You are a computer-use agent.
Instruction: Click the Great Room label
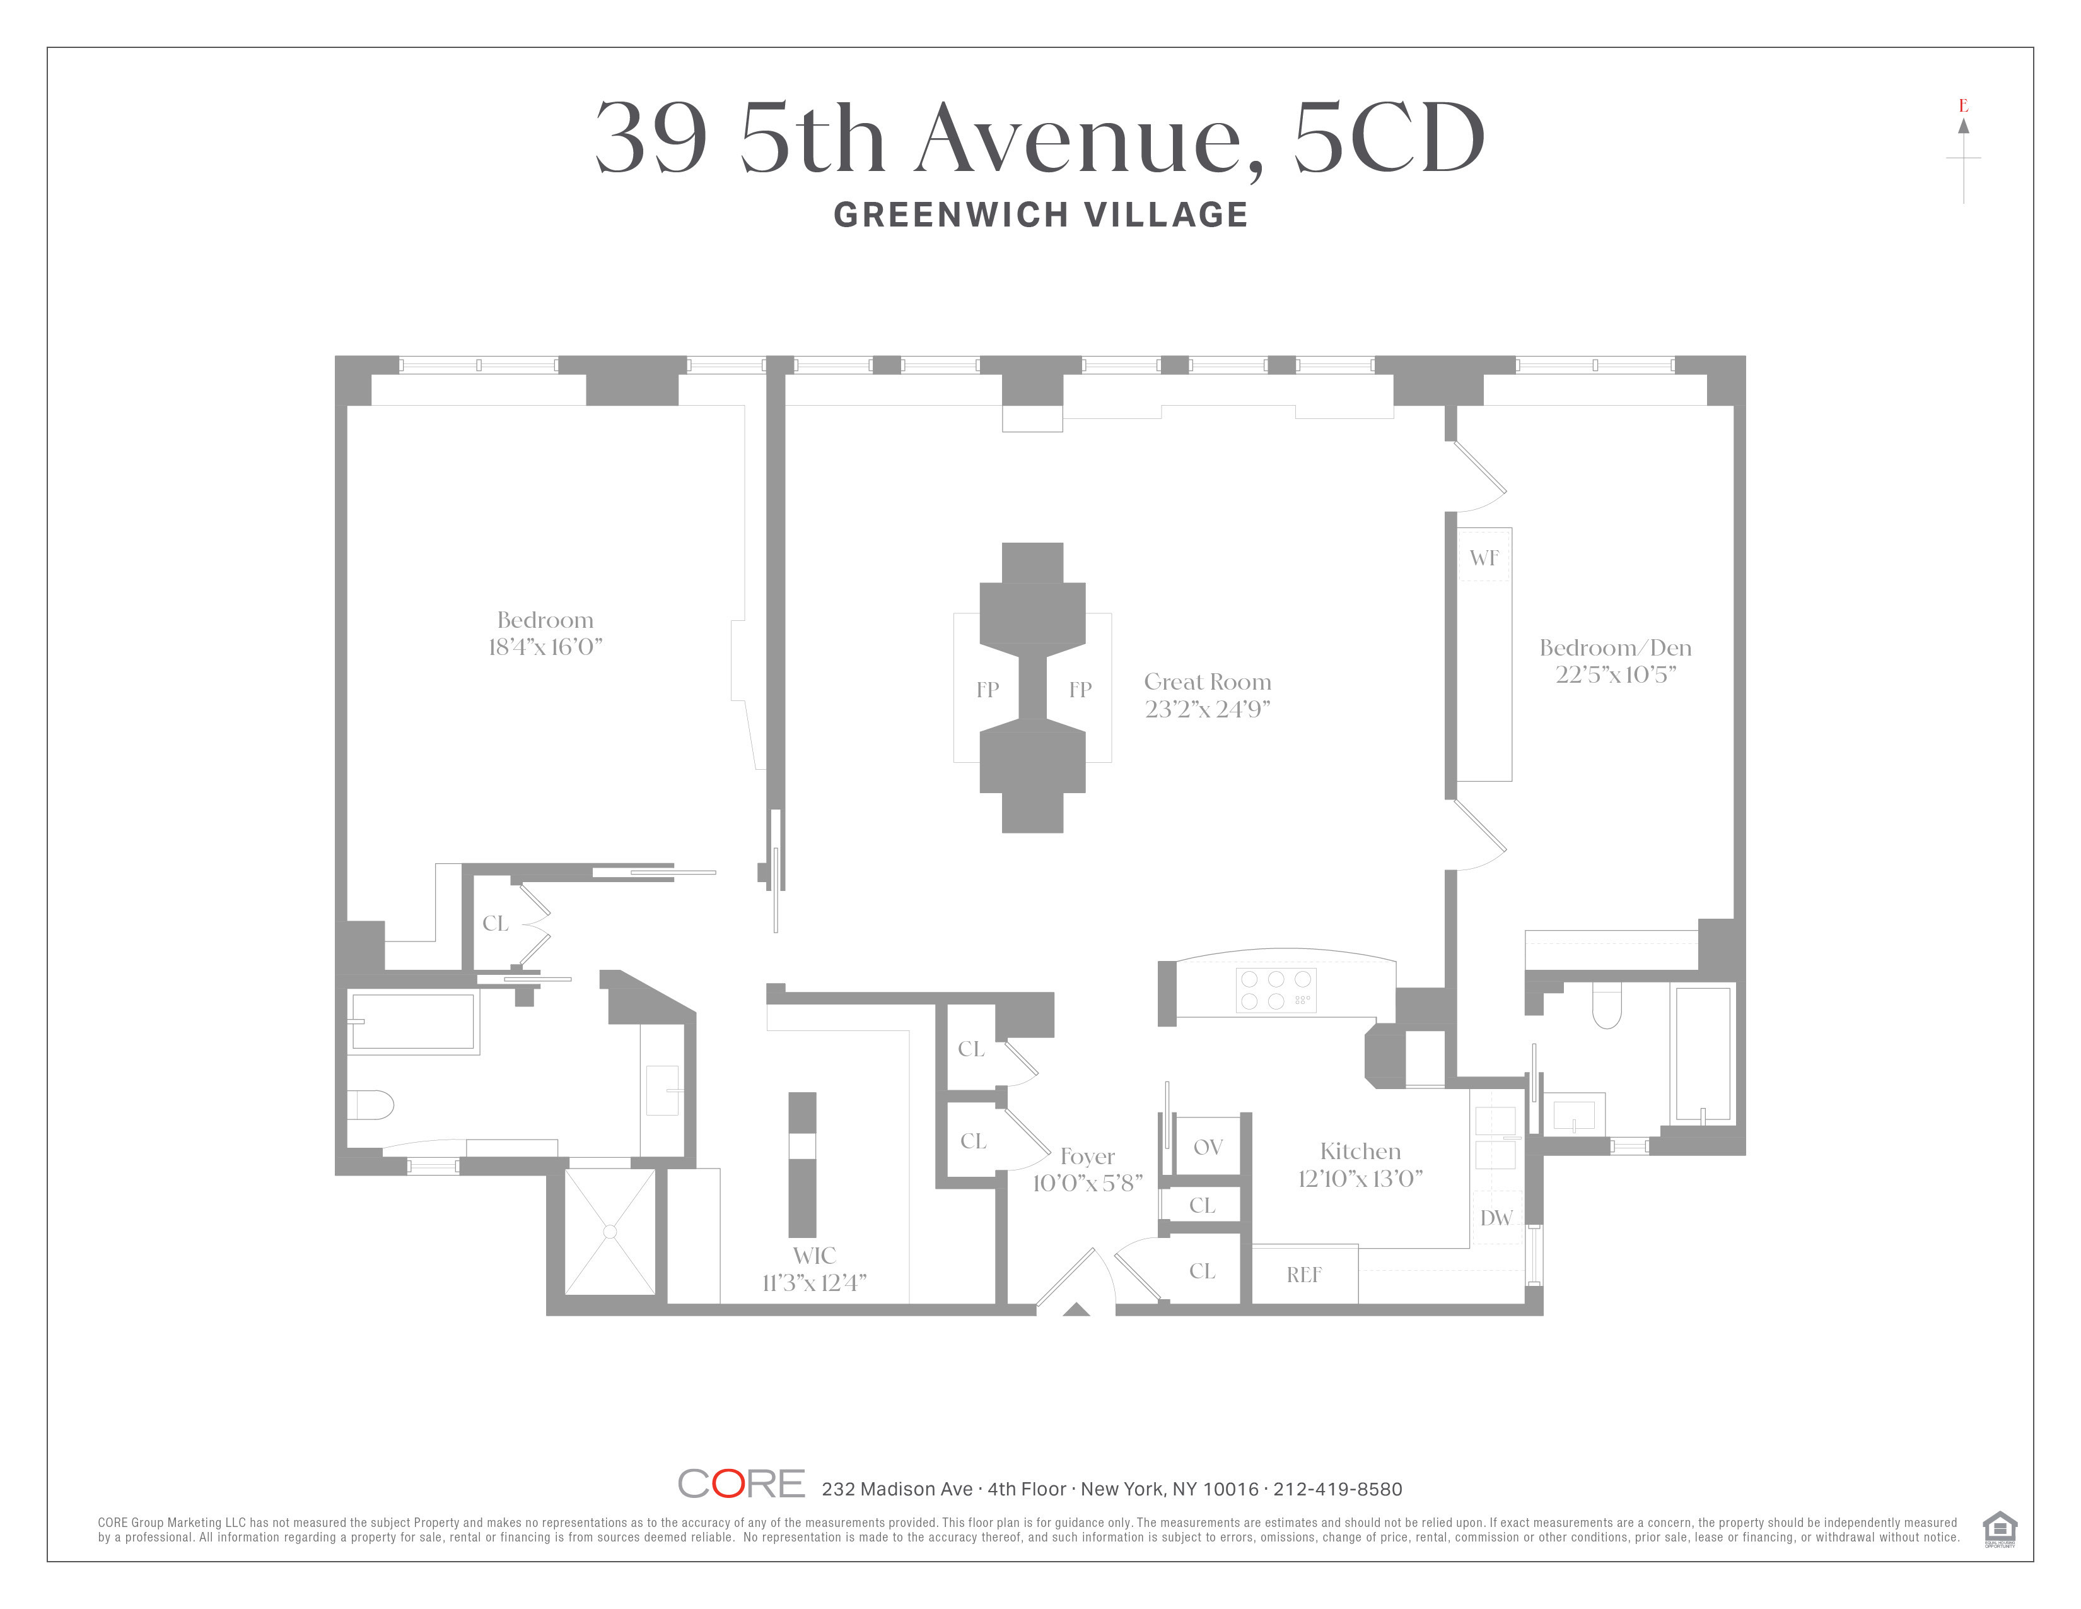click(1207, 681)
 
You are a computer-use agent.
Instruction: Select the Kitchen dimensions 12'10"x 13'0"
click(1360, 1179)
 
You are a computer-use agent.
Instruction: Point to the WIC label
click(813, 1256)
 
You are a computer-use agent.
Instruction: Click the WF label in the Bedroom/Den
click(1484, 558)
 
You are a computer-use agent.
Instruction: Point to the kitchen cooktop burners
click(1276, 991)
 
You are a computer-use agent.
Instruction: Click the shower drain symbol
click(610, 1232)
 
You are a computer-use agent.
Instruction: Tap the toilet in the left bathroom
click(371, 1105)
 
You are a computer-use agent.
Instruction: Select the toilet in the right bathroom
click(1607, 1006)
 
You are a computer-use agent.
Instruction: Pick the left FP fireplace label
click(987, 689)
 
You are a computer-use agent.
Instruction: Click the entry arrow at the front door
click(1076, 1310)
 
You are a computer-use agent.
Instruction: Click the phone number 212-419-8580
click(1338, 1489)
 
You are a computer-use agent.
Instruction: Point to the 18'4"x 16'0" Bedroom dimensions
click(545, 647)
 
